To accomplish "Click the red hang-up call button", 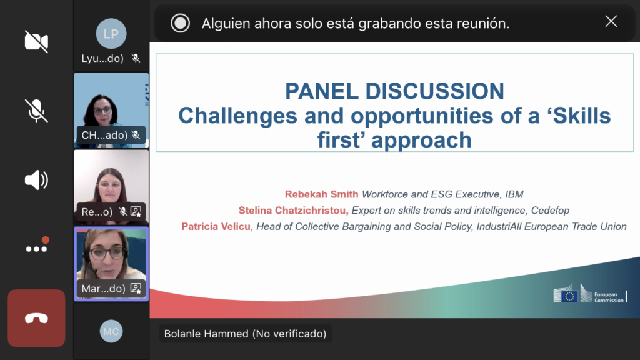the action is click(x=36, y=318).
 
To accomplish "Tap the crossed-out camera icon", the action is click(x=36, y=41).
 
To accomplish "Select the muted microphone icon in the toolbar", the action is click(x=36, y=110).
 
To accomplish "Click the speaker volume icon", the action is click(x=36, y=180).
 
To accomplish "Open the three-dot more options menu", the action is click(x=37, y=246).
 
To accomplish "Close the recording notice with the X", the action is click(x=611, y=21).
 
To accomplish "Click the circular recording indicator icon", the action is click(x=180, y=23).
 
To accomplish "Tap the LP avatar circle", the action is click(x=111, y=34).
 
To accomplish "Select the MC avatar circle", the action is click(x=111, y=331).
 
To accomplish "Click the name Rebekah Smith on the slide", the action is click(x=322, y=194).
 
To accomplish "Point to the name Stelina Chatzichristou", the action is click(x=294, y=211).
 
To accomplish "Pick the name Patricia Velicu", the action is click(x=216, y=226).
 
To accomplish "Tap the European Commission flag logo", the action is click(x=566, y=294).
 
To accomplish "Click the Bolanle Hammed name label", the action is click(x=245, y=334).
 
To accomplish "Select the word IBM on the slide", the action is click(x=514, y=194).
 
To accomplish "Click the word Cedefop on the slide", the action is click(x=550, y=211).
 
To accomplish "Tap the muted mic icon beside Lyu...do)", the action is click(x=136, y=58).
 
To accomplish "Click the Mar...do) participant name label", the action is click(x=103, y=289).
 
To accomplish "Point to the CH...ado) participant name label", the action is click(x=104, y=135).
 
